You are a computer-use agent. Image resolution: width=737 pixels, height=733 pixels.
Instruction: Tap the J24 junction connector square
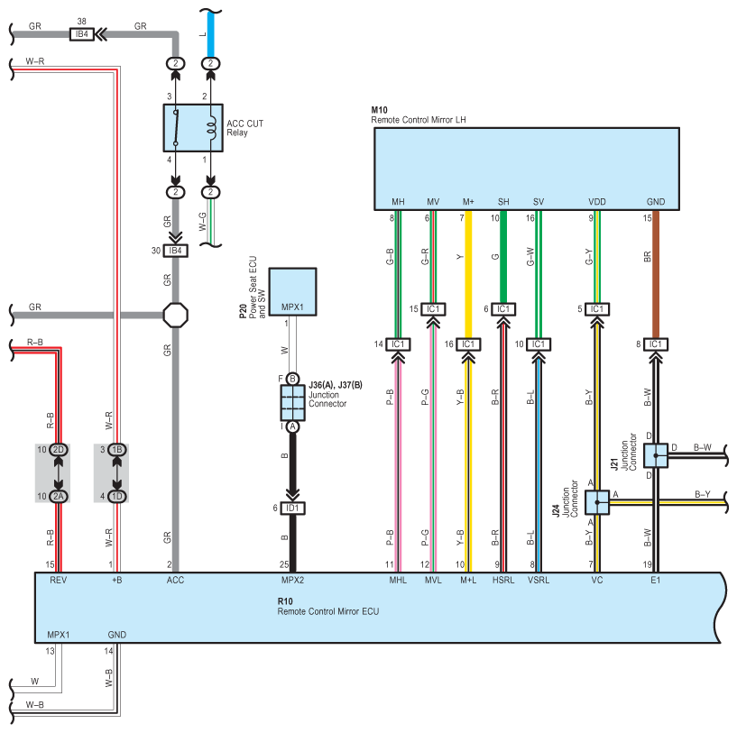click(597, 502)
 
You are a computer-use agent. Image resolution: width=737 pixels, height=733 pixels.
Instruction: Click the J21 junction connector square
click(656, 455)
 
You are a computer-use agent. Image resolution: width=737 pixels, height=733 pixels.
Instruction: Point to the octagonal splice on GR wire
click(176, 315)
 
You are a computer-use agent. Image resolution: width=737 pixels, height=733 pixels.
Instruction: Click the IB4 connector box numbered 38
click(82, 34)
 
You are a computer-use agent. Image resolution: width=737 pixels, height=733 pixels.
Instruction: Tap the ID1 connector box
click(292, 509)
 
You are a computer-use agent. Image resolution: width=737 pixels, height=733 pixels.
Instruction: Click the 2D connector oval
click(59, 449)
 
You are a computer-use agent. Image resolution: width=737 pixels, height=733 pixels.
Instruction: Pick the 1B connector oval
click(116, 449)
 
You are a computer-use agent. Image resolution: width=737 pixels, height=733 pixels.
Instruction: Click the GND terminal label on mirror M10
click(656, 201)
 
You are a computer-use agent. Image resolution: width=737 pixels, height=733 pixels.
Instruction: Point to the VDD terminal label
click(596, 201)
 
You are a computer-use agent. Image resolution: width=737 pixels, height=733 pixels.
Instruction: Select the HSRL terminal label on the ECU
click(502, 581)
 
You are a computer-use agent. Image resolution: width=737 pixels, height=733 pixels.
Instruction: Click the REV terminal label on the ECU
click(59, 581)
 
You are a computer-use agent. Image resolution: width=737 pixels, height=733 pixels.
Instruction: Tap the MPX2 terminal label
click(292, 581)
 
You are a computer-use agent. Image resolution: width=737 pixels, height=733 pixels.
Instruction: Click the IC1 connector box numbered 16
click(468, 344)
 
